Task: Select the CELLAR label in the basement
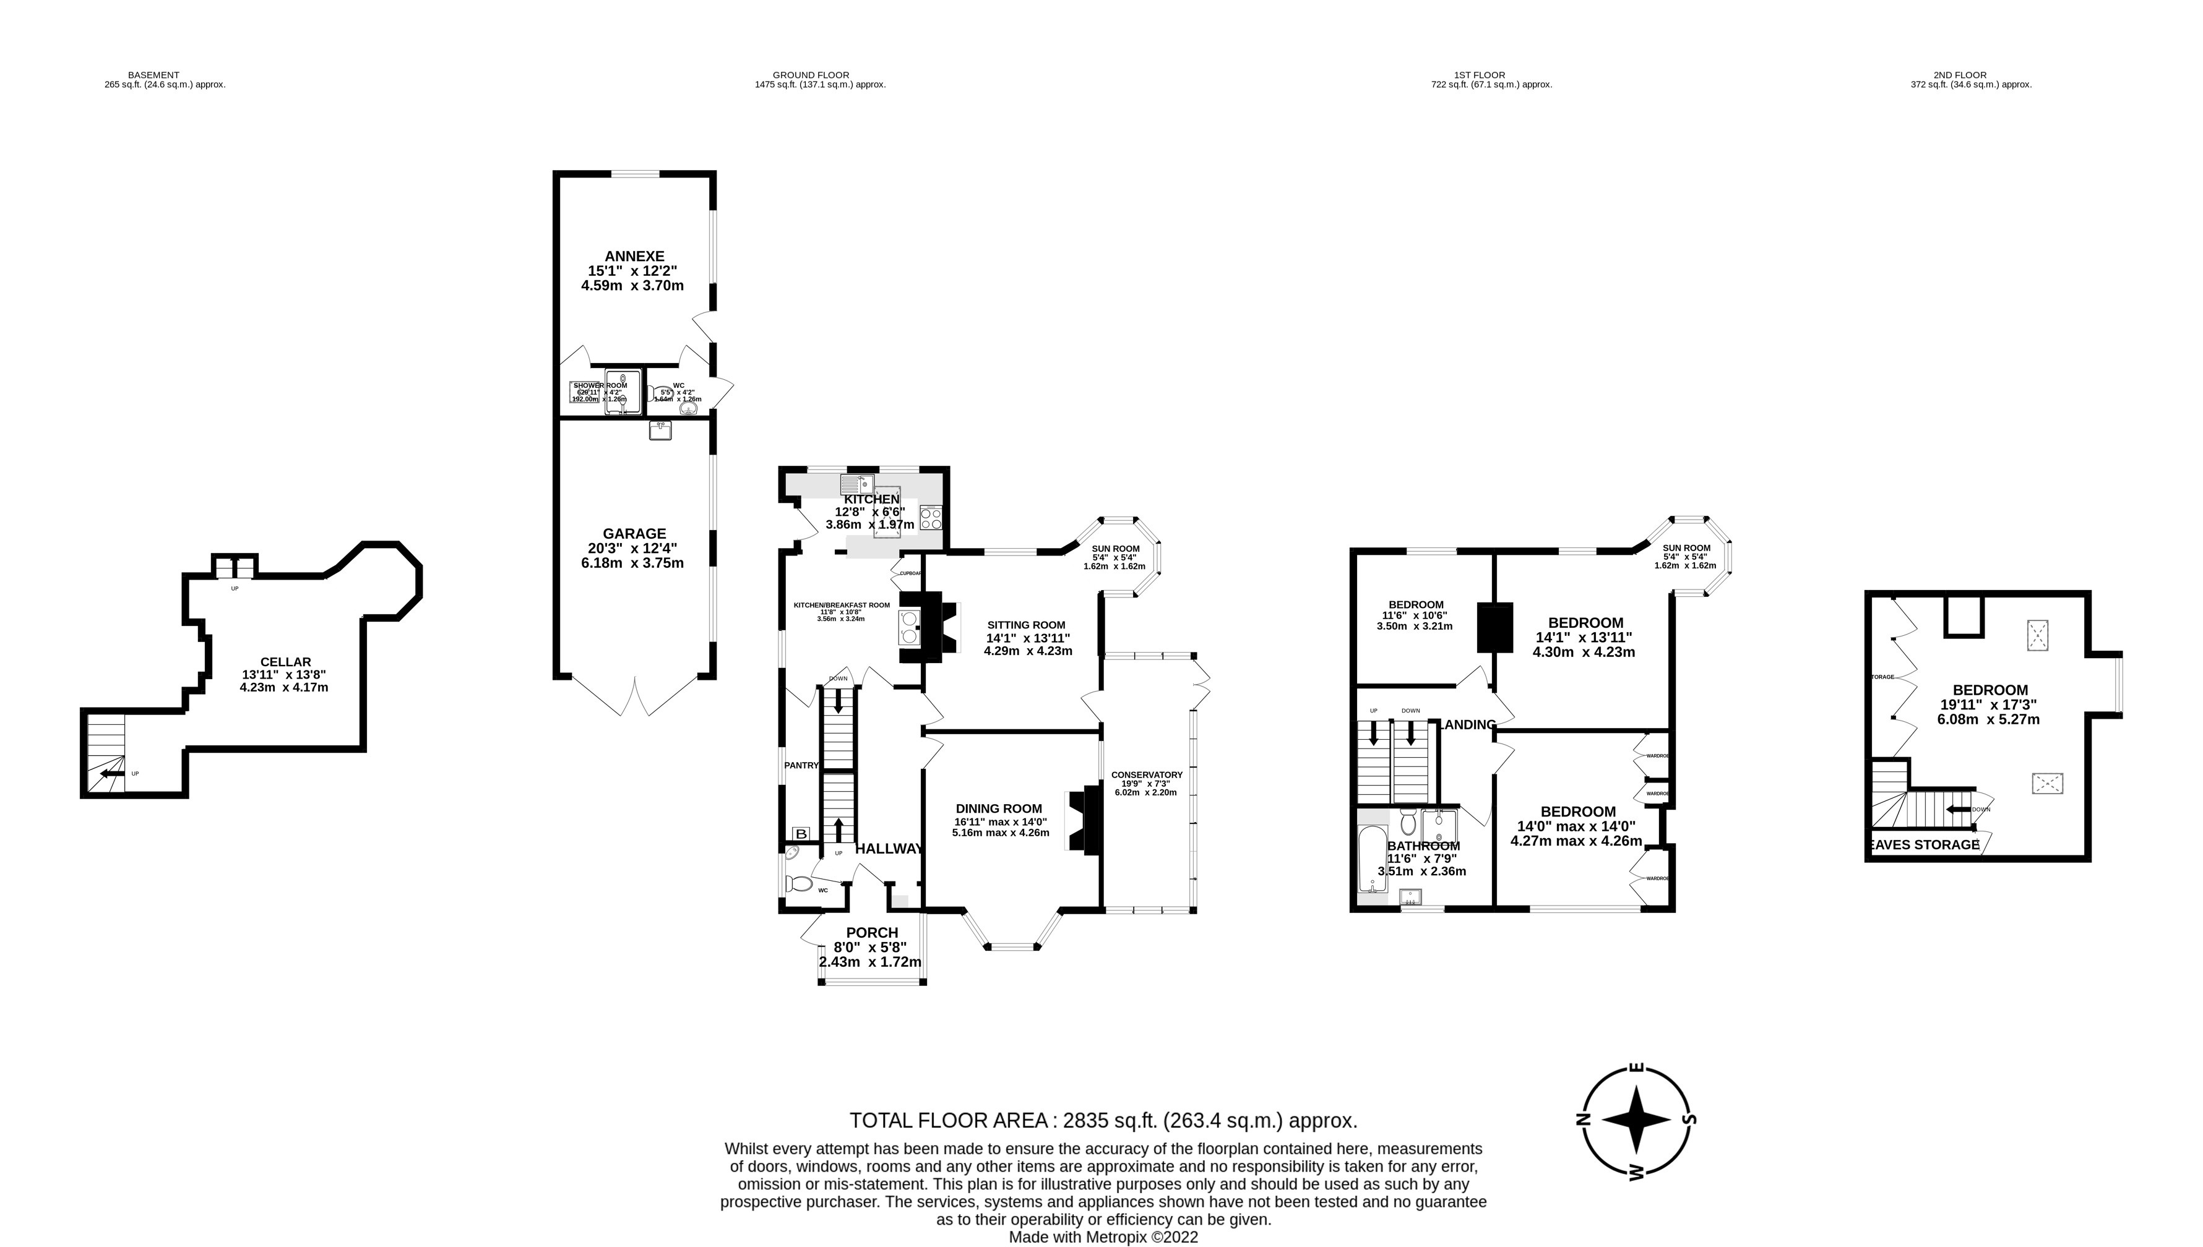pos(285,662)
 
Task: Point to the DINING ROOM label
pos(999,808)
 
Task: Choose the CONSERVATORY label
pos(1148,775)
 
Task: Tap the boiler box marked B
pos(801,833)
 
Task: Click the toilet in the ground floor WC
pos(799,883)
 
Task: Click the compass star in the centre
pos(1635,1120)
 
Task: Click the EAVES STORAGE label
pos(1925,844)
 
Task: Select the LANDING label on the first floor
pos(1468,724)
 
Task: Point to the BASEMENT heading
pos(153,75)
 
